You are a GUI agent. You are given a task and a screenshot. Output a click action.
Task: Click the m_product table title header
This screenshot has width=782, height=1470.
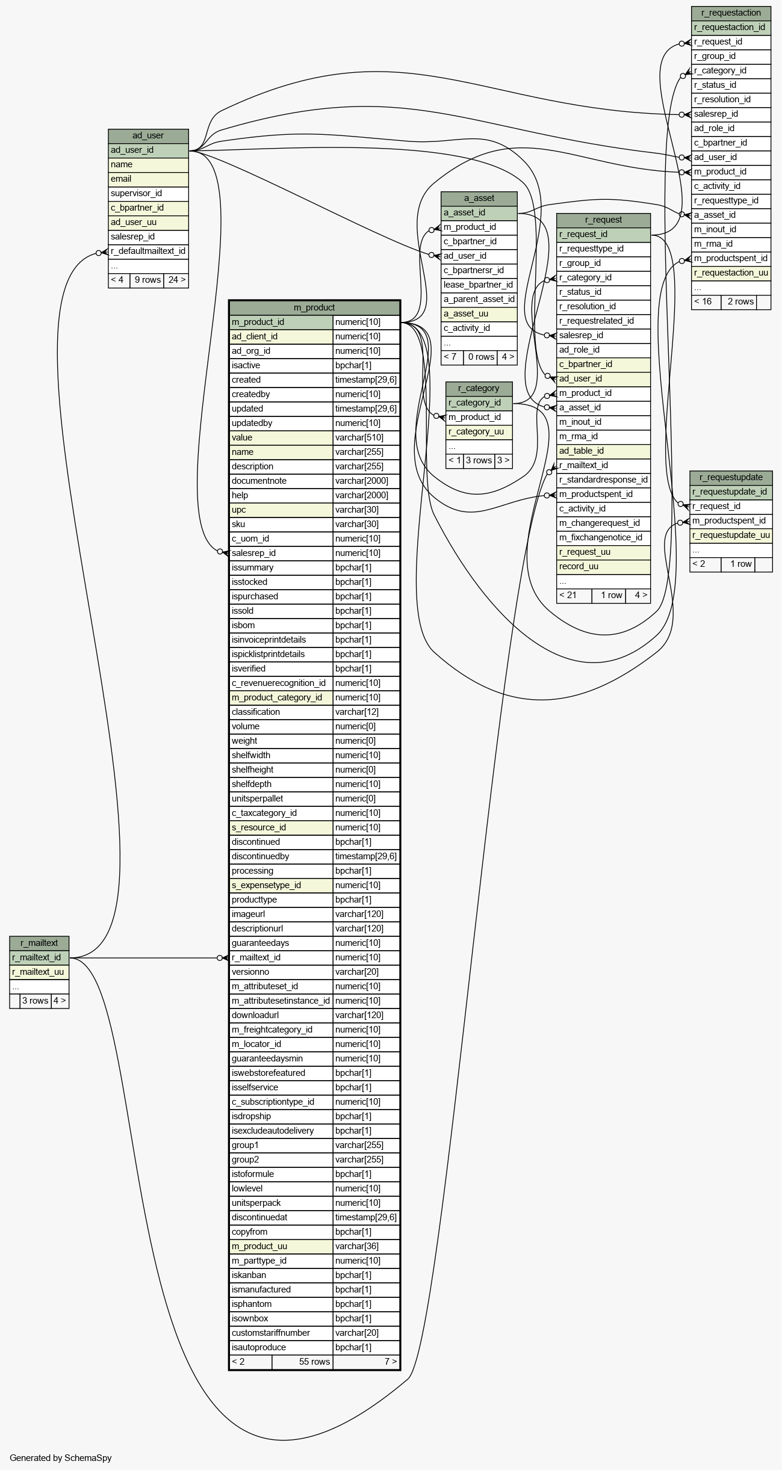point(314,307)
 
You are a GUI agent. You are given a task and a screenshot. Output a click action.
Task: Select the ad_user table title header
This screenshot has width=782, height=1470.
point(148,135)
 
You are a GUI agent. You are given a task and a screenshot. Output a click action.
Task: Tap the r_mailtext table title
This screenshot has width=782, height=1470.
point(39,943)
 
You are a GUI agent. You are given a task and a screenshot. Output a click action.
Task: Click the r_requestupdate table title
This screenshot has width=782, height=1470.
point(731,477)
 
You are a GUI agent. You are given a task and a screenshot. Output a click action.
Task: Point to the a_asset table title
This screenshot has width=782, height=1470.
point(479,198)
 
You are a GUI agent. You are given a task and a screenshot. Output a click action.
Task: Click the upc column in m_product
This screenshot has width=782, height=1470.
point(281,510)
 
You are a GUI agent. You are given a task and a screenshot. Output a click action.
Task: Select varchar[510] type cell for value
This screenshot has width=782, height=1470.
point(366,437)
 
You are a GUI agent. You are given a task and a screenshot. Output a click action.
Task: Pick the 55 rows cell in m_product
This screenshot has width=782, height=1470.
point(302,1362)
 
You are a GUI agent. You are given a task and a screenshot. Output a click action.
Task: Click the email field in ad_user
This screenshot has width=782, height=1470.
point(148,179)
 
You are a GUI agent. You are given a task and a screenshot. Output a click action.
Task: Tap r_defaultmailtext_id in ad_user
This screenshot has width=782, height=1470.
point(148,251)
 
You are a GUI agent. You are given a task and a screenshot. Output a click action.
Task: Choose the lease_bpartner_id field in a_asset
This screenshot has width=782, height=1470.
point(479,285)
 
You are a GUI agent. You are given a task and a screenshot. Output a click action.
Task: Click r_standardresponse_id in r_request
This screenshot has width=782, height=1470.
point(603,480)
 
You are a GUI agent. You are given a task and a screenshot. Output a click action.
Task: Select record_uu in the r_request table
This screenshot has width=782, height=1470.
point(603,566)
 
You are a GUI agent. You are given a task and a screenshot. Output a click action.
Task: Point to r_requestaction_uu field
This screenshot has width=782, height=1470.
point(731,273)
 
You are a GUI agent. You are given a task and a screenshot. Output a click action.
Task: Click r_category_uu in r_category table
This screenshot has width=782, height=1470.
point(479,431)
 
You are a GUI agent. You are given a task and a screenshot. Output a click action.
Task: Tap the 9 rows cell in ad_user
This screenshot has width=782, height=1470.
point(147,280)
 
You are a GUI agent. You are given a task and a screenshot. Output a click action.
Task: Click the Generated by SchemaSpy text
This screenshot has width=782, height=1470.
point(60,1457)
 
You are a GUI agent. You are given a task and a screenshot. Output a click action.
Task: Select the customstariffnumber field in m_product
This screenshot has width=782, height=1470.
point(281,1333)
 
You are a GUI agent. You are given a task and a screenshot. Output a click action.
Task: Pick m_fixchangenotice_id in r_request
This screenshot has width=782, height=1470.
point(603,537)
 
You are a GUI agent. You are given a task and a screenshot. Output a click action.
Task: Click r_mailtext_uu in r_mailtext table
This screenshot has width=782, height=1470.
point(39,972)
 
